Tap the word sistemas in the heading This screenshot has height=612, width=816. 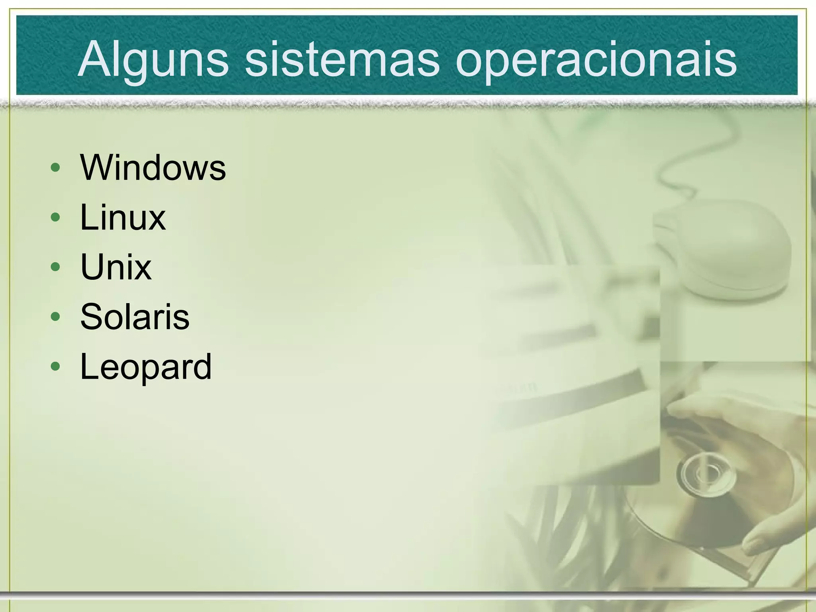click(341, 60)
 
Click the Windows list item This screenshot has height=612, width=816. click(153, 167)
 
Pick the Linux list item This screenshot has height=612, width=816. click(123, 218)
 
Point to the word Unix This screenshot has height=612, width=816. click(116, 267)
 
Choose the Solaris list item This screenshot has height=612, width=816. click(135, 317)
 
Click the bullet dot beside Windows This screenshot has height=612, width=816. click(56, 168)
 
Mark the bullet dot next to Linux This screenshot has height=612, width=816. click(56, 218)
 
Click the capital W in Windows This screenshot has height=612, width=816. click(96, 167)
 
